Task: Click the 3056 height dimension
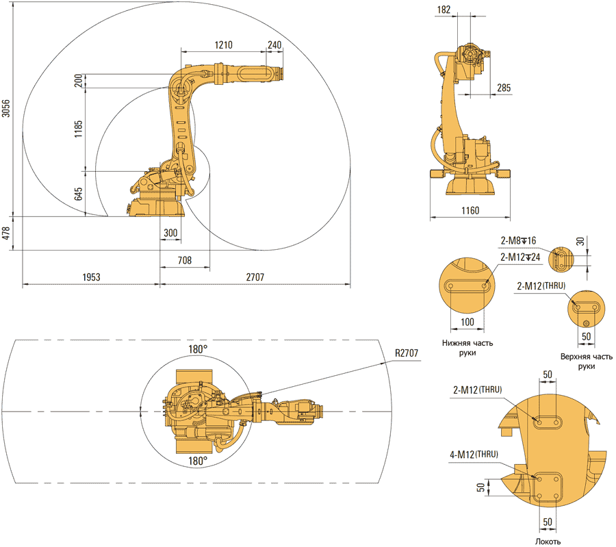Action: point(6,110)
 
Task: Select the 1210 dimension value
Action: point(223,45)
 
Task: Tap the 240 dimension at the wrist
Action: point(274,45)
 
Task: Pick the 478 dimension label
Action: point(6,233)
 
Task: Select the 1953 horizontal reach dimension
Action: point(91,277)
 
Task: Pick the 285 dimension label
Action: point(503,88)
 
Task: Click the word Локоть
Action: point(548,541)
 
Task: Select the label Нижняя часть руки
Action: point(467,347)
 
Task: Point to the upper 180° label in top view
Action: point(197,349)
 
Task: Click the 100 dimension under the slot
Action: point(467,322)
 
